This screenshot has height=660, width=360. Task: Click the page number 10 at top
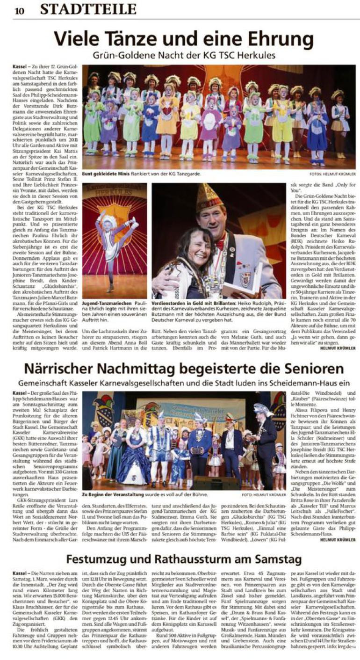coord(19,10)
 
